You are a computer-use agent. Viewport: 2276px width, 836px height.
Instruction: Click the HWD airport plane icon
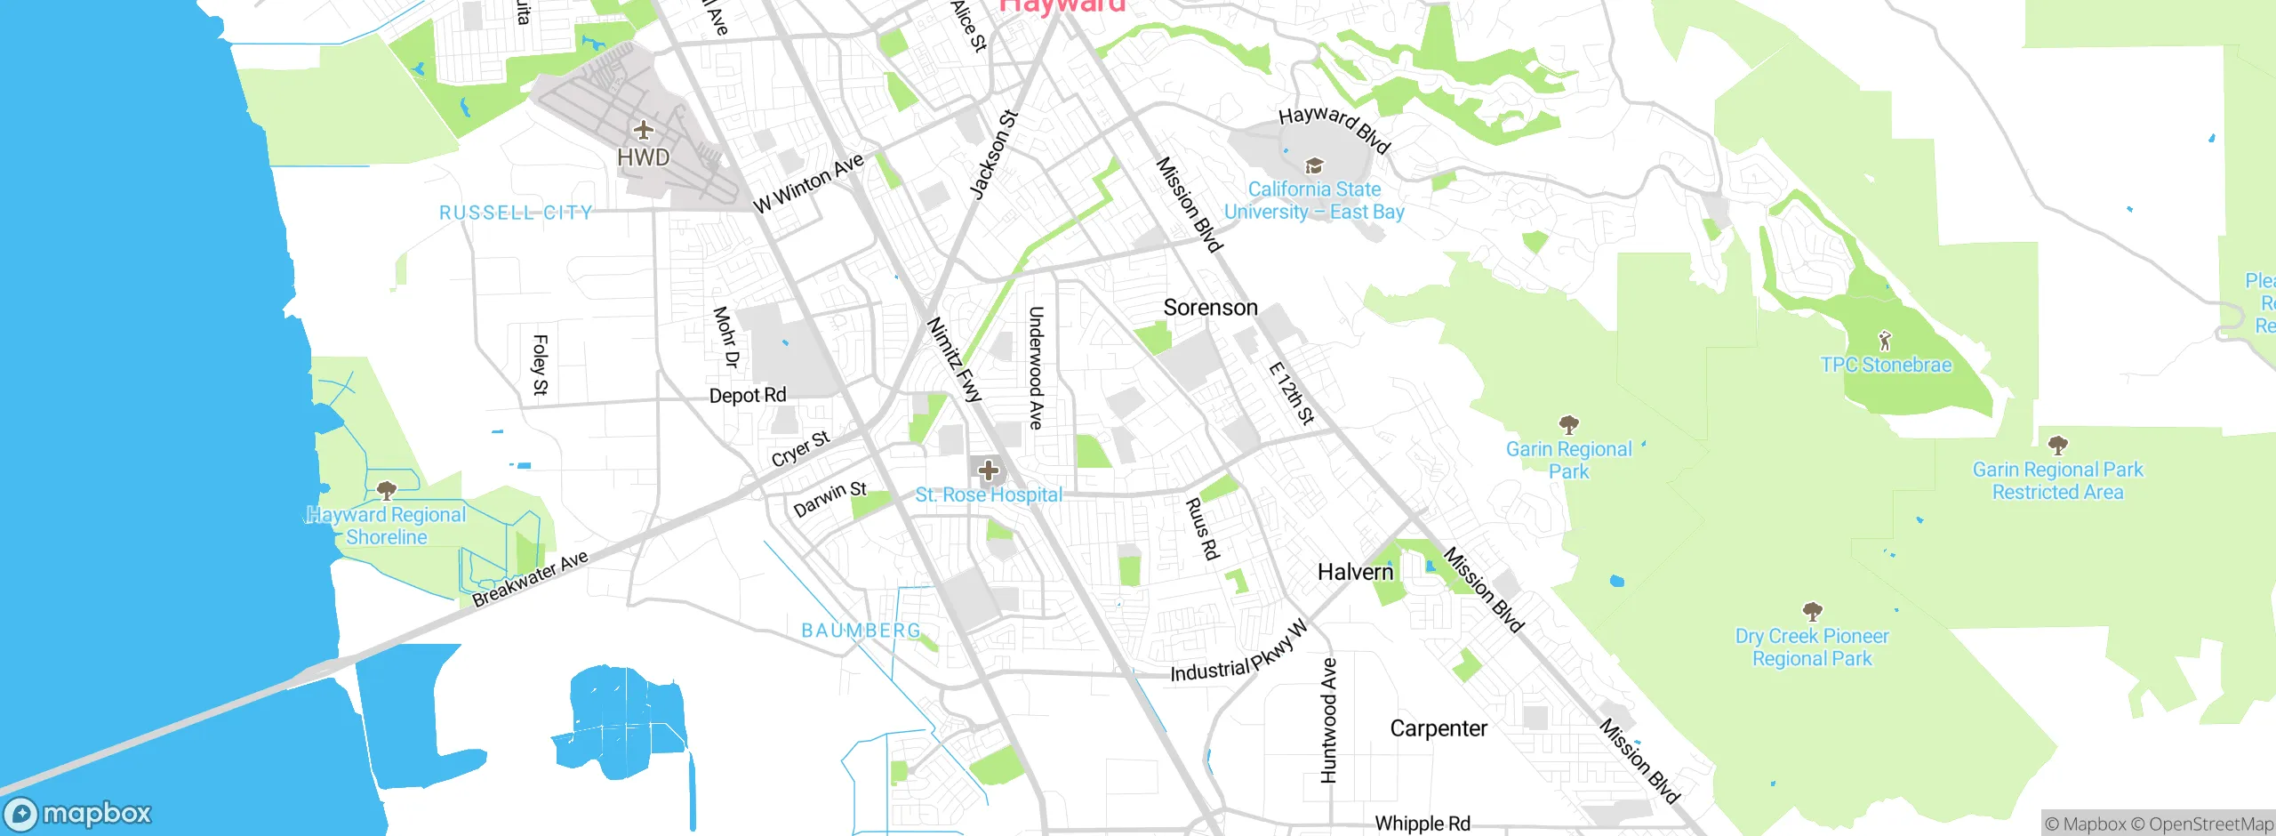pyautogui.click(x=643, y=130)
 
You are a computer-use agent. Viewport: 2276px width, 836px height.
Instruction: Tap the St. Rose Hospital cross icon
pyautogui.click(x=988, y=470)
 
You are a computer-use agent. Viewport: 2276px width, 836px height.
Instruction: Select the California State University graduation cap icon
pyautogui.click(x=1313, y=166)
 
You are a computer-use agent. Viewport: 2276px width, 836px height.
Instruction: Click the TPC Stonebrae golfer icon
pyautogui.click(x=1885, y=341)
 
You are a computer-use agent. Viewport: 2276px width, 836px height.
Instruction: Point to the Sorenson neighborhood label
pyautogui.click(x=1210, y=308)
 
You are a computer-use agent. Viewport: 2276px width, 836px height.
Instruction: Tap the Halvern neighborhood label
pyautogui.click(x=1355, y=572)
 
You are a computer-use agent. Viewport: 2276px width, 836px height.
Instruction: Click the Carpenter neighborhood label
pyautogui.click(x=1438, y=728)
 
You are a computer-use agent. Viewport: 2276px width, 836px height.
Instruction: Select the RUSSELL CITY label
pyautogui.click(x=516, y=213)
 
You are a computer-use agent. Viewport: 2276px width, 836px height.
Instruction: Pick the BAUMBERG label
pyautogui.click(x=861, y=631)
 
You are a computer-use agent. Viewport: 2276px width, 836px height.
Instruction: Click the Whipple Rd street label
pyautogui.click(x=1422, y=824)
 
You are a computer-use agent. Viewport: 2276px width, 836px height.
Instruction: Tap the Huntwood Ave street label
pyautogui.click(x=1328, y=720)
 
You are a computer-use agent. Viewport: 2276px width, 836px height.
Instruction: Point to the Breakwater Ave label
pyautogui.click(x=530, y=579)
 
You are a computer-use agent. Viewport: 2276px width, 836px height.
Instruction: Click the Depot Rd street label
pyautogui.click(x=747, y=395)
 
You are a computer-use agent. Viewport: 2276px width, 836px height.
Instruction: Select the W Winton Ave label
pyautogui.click(x=808, y=183)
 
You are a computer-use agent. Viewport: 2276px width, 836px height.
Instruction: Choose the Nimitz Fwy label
pyautogui.click(x=954, y=359)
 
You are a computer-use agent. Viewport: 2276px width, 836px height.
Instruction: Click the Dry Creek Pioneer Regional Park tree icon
pyautogui.click(x=1812, y=611)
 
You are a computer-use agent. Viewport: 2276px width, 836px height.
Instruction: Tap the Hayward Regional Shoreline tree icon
pyautogui.click(x=386, y=490)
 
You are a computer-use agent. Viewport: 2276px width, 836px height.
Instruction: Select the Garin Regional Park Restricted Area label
pyautogui.click(x=2057, y=481)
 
